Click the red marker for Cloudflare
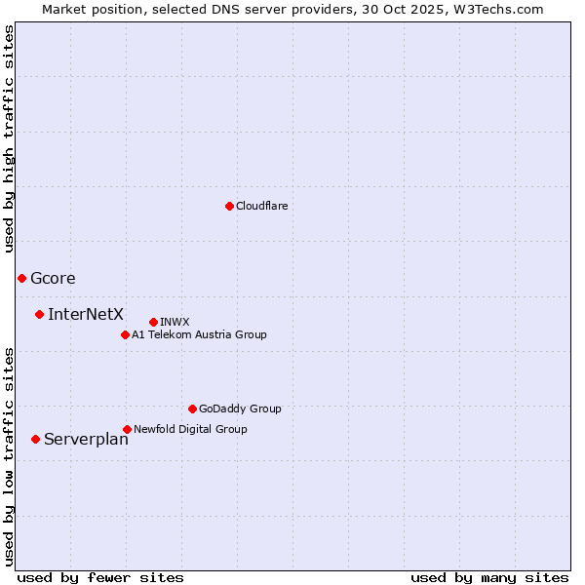(x=229, y=206)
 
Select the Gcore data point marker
(x=21, y=278)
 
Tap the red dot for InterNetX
(x=39, y=314)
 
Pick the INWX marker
(x=153, y=322)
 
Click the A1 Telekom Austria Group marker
(x=125, y=334)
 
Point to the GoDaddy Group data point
(x=192, y=409)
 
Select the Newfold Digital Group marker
(x=127, y=429)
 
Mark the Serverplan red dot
(x=35, y=439)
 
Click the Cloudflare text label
(x=262, y=206)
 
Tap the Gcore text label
(x=53, y=278)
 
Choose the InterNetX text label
(x=86, y=314)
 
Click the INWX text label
(x=175, y=322)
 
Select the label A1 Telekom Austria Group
(x=199, y=334)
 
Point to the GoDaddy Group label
(x=240, y=409)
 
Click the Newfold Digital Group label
(x=190, y=429)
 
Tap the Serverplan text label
(x=86, y=439)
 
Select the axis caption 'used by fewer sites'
(x=100, y=577)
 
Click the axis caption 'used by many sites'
(x=489, y=577)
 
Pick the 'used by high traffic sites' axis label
(x=9, y=138)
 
